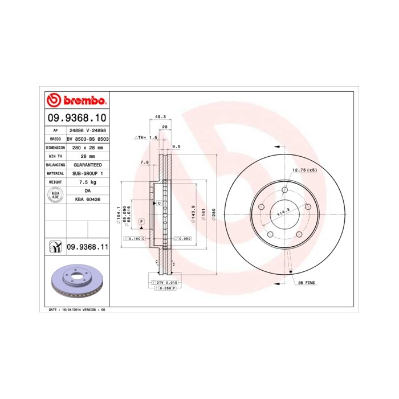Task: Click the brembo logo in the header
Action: pyautogui.click(x=76, y=101)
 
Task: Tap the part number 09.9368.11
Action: pyautogui.click(x=88, y=247)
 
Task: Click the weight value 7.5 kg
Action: pyautogui.click(x=88, y=182)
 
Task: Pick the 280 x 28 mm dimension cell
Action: pyautogui.click(x=88, y=147)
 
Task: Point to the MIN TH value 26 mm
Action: pyautogui.click(x=88, y=156)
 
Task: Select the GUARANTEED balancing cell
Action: pyautogui.click(x=88, y=164)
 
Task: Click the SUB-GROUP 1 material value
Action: pyautogui.click(x=88, y=173)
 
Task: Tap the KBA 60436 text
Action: pyautogui.click(x=88, y=199)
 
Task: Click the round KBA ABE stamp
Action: pyautogui.click(x=55, y=195)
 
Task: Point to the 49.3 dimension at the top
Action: pyautogui.click(x=160, y=117)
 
